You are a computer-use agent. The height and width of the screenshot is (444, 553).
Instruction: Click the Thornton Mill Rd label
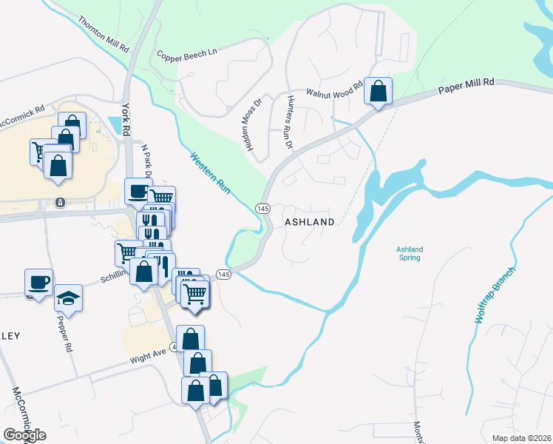coord(104,33)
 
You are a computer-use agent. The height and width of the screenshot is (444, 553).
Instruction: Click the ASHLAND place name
coord(310,222)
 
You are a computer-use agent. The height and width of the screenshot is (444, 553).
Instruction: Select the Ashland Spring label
coord(409,254)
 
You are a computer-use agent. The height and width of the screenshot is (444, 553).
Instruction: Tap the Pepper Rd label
coord(64,332)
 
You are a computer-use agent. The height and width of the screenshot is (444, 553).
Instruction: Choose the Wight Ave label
coord(149,355)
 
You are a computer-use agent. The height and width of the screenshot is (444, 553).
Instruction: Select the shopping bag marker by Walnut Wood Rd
coord(379,92)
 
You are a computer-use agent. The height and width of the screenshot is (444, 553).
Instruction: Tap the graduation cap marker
coord(69,297)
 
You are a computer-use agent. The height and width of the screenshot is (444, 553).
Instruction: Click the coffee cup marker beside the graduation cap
coord(38,281)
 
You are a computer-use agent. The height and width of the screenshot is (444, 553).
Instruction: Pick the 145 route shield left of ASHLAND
coord(263,209)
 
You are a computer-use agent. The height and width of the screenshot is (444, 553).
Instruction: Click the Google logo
coord(24,435)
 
